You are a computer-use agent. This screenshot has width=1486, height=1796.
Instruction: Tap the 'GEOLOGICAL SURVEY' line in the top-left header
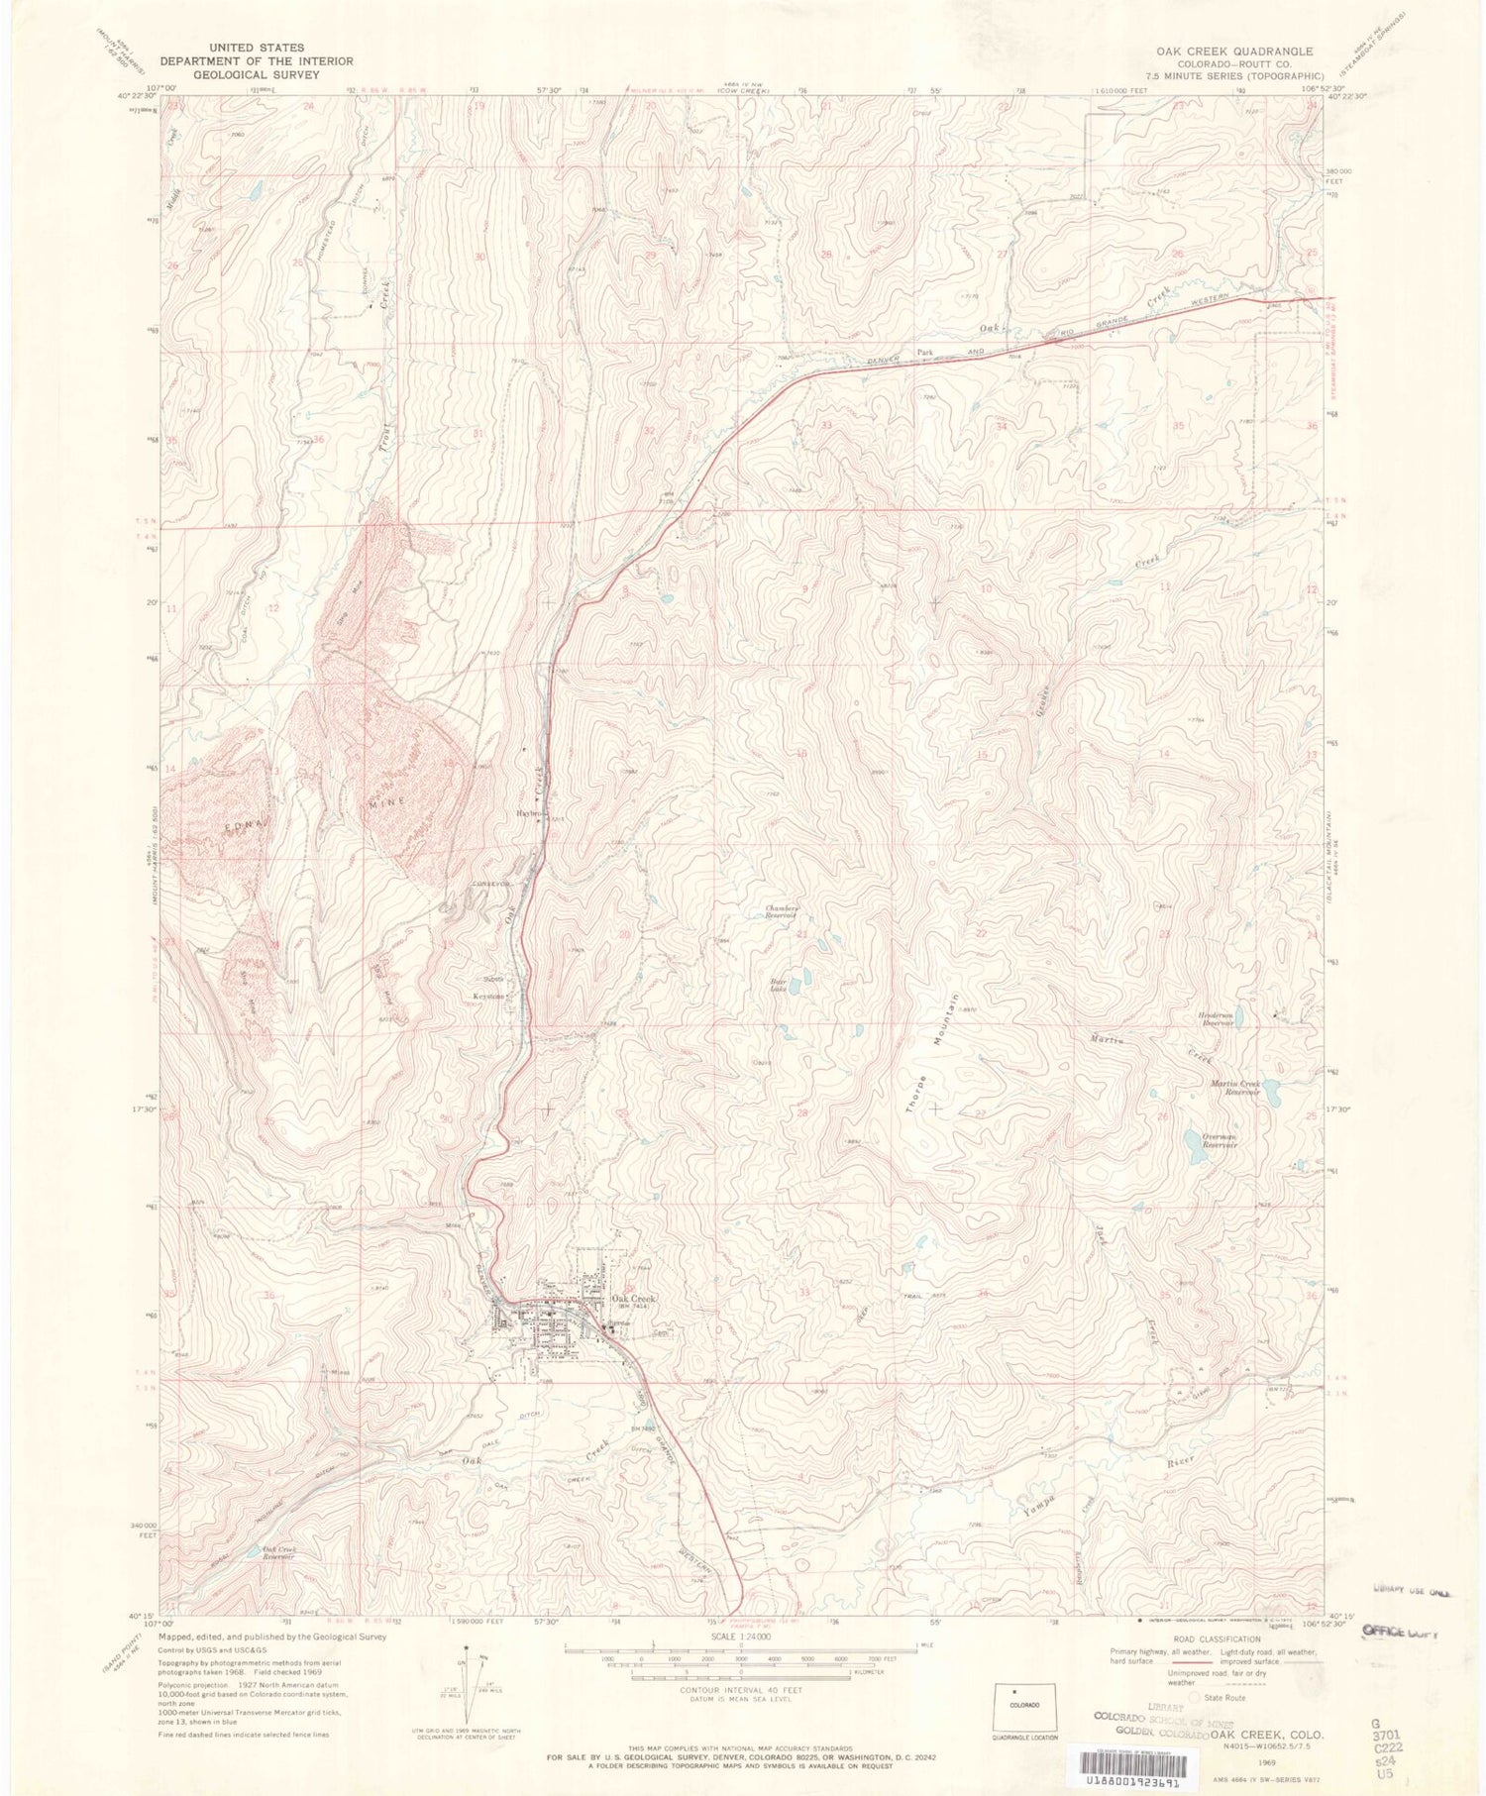click(257, 74)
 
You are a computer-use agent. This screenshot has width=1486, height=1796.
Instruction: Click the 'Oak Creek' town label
click(634, 1299)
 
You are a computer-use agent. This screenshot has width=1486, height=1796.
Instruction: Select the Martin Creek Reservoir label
click(1234, 1088)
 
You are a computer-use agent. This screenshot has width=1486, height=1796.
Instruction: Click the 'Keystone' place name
click(492, 997)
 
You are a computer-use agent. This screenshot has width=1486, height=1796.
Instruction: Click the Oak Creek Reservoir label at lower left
click(271, 1553)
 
